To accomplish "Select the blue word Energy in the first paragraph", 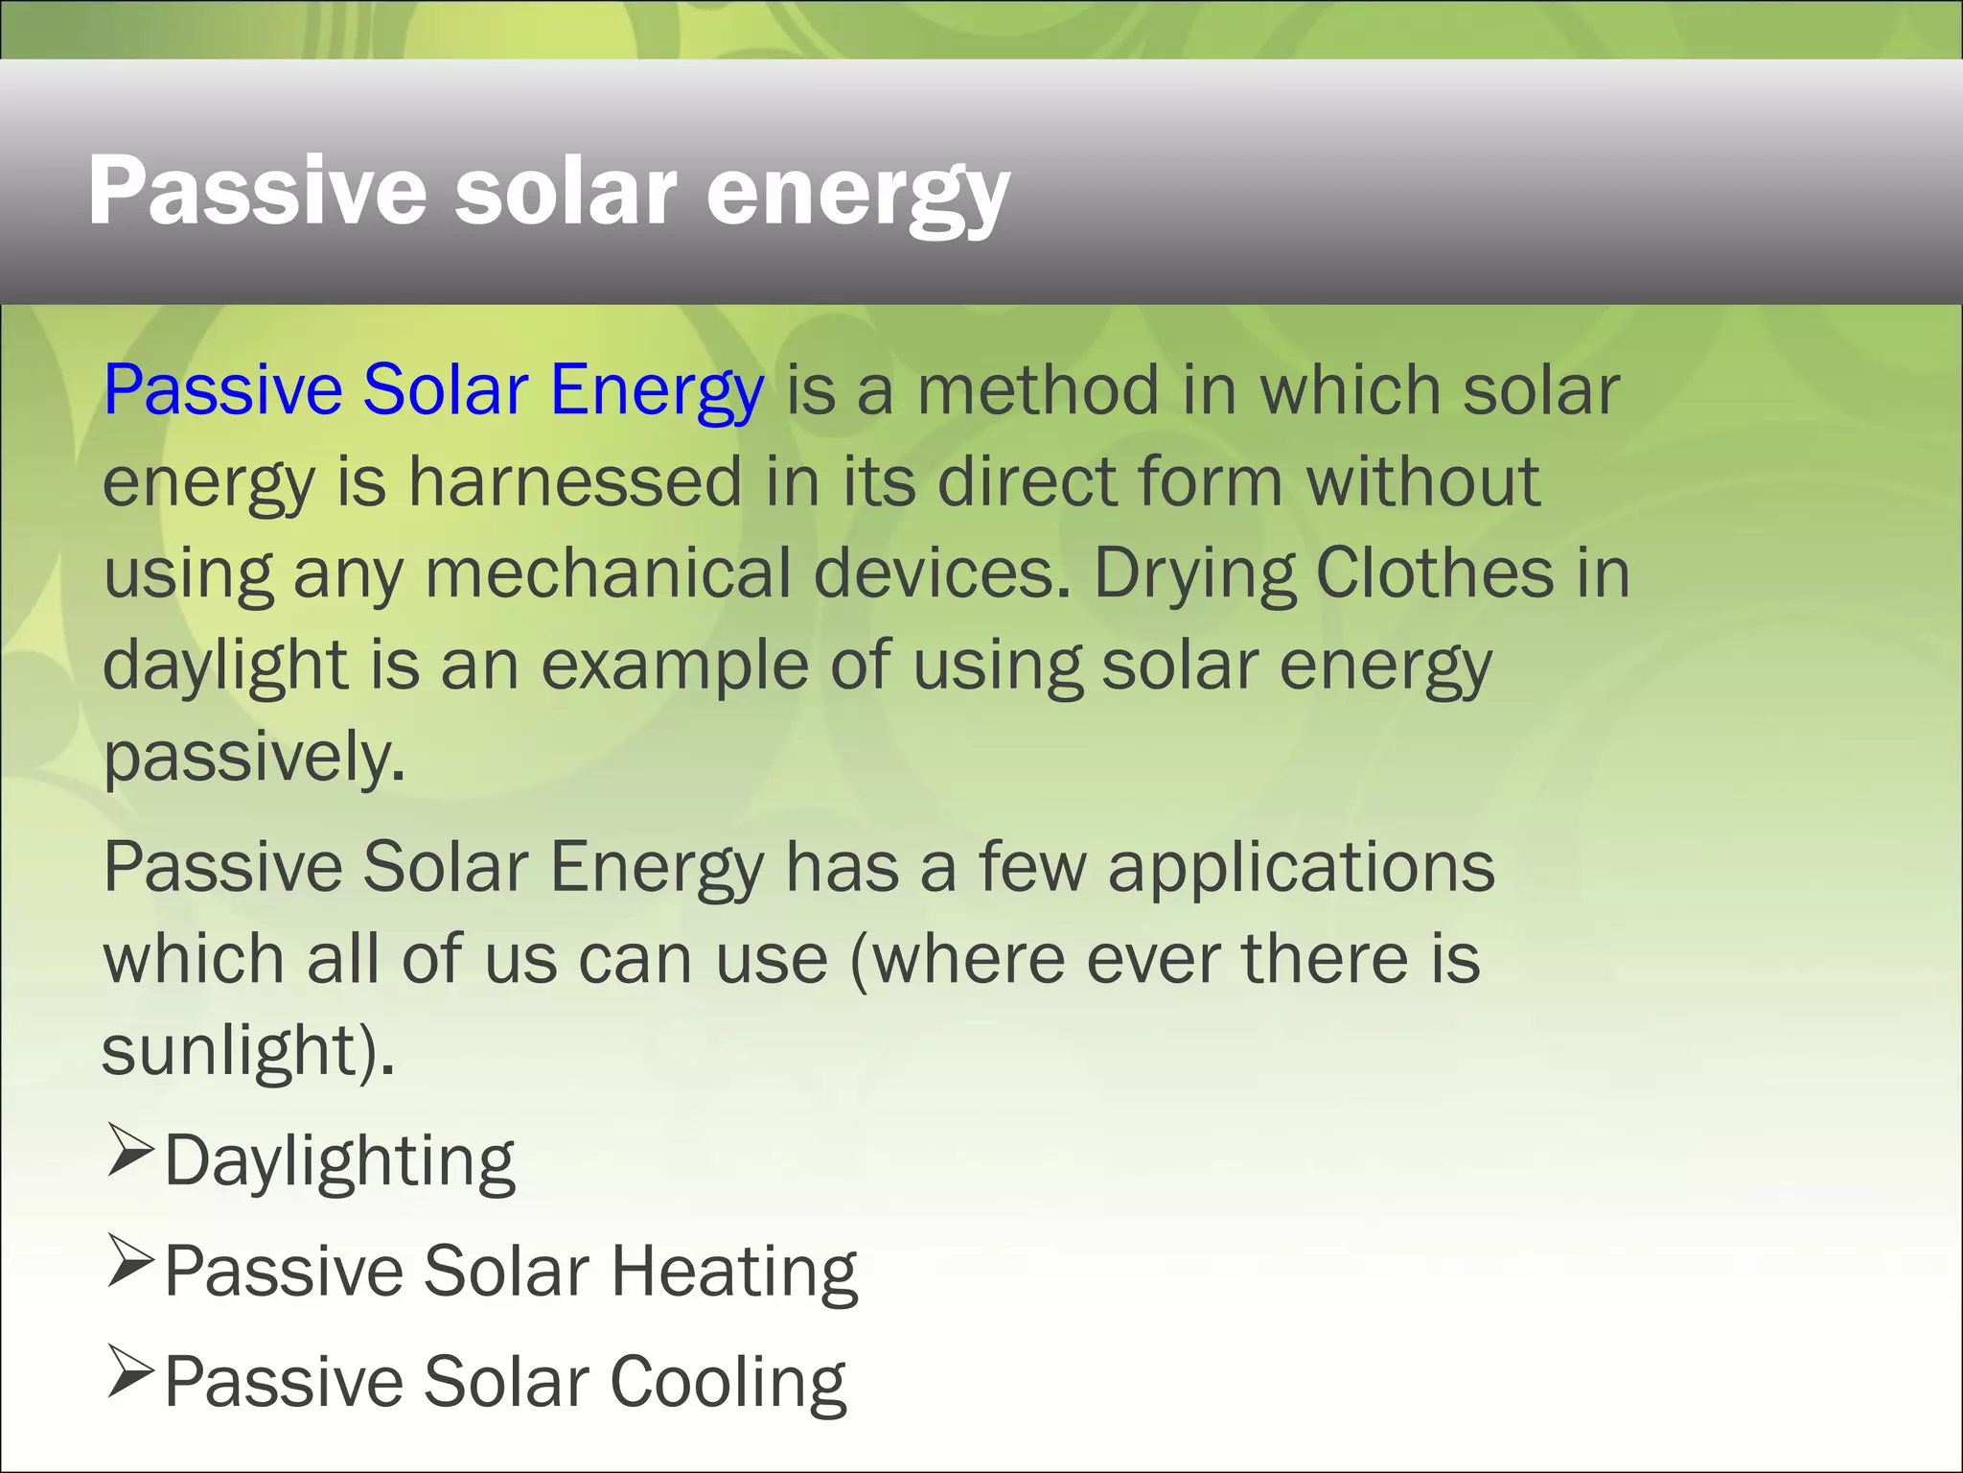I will tap(657, 390).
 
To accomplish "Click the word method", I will tap(1039, 390).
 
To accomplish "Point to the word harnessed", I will tap(576, 481).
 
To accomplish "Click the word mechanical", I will tap(608, 573).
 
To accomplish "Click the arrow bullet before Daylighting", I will tap(130, 1151).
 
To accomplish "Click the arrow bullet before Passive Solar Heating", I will tap(130, 1261).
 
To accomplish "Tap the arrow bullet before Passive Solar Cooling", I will tap(130, 1371).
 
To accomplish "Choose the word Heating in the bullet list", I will tap(734, 1272).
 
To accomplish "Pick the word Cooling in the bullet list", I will tap(728, 1383).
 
